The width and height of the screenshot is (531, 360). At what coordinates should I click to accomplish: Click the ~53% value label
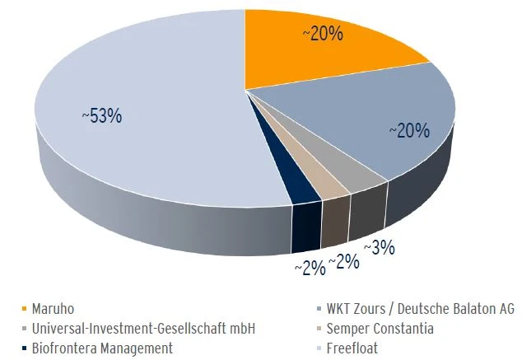point(101,116)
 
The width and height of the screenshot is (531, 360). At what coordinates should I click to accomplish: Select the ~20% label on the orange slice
point(322,34)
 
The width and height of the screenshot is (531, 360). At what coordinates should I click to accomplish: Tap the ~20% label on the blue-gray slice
point(409,130)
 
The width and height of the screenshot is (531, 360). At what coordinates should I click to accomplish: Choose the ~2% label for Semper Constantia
point(343,262)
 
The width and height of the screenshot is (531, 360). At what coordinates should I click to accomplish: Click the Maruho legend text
point(54,308)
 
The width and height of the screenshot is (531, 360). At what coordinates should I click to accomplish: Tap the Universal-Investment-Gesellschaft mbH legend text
point(143,328)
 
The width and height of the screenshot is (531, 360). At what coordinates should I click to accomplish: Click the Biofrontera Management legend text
point(102,348)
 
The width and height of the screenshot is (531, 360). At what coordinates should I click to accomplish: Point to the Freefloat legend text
point(353,348)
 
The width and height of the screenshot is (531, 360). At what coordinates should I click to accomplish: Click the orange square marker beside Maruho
point(25,309)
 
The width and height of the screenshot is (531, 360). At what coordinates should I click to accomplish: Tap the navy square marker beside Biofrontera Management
point(25,348)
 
